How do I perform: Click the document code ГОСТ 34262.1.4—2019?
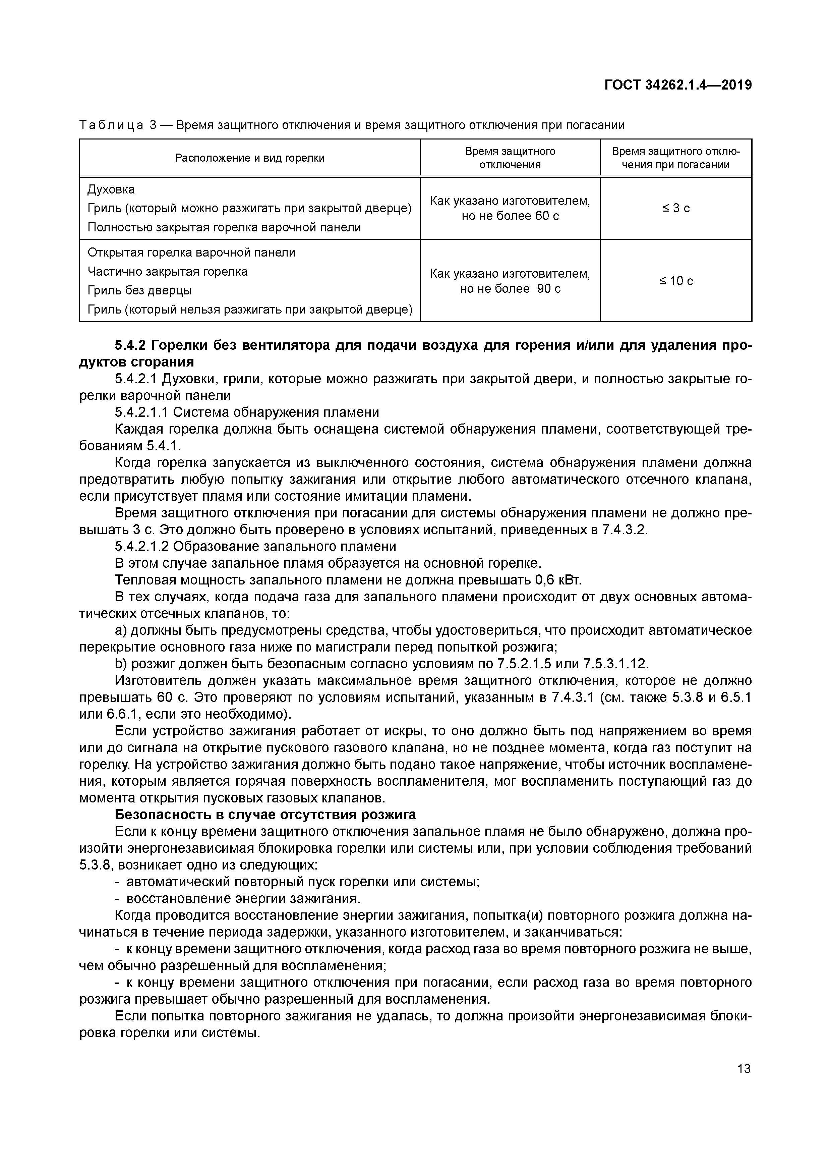[678, 85]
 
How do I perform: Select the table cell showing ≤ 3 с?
[676, 208]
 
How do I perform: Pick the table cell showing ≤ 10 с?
[676, 281]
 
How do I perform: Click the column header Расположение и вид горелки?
[250, 158]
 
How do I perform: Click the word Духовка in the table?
[111, 189]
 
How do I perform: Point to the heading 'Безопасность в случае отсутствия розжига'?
[265, 815]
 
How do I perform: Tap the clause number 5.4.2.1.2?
[142, 546]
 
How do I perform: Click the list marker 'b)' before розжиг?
[121, 664]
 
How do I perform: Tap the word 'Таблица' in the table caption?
[111, 125]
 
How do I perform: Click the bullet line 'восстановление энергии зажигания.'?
[243, 898]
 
